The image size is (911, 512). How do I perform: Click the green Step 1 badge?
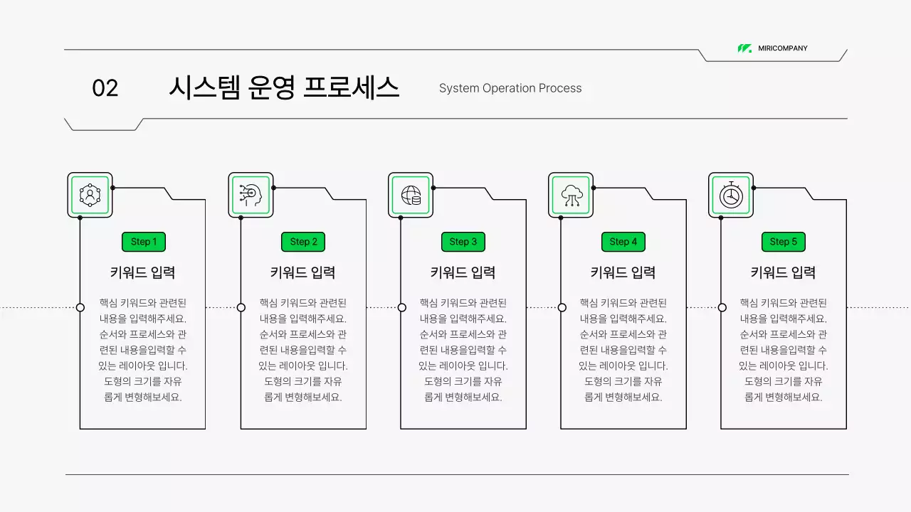click(143, 242)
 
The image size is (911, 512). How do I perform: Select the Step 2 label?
click(303, 242)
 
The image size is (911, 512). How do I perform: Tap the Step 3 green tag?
click(463, 242)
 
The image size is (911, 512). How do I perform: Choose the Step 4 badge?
click(623, 242)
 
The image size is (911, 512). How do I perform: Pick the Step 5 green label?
click(784, 242)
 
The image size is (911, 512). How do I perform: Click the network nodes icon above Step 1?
click(90, 195)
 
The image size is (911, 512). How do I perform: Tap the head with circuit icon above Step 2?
click(251, 195)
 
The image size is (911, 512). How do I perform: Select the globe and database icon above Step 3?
click(411, 195)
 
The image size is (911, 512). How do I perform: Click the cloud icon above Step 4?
click(571, 195)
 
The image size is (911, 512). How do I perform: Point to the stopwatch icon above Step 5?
click(731, 195)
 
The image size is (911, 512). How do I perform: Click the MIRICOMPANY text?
click(782, 48)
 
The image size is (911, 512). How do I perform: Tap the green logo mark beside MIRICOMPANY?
click(744, 48)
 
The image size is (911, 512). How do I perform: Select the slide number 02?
click(105, 88)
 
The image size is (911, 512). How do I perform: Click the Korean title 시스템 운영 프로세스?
click(283, 87)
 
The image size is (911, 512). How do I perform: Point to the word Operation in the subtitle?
click(508, 88)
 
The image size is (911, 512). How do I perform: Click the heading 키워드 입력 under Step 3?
click(463, 272)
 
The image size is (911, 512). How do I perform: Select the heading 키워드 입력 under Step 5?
click(784, 272)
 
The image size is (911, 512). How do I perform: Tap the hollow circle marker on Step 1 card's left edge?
click(80, 307)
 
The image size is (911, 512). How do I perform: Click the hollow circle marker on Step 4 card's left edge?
click(562, 307)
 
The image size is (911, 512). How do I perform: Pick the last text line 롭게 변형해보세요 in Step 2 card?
click(303, 398)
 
